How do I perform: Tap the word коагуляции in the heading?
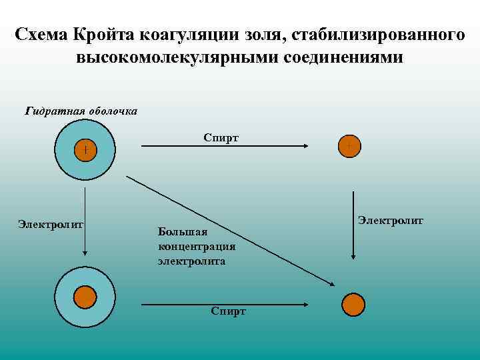coord(198,33)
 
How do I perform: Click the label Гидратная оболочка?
coord(81,111)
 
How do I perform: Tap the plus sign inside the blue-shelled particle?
coord(85,150)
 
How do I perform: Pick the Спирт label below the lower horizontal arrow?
coord(228,311)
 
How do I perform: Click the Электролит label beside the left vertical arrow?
coord(50,225)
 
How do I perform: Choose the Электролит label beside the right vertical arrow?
coord(390,220)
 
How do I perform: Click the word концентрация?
coord(197,247)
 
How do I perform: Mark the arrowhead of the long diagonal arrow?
coord(331,284)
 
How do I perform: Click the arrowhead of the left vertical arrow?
coord(85,253)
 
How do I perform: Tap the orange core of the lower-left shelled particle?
coord(85,297)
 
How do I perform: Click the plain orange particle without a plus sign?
coord(353,303)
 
